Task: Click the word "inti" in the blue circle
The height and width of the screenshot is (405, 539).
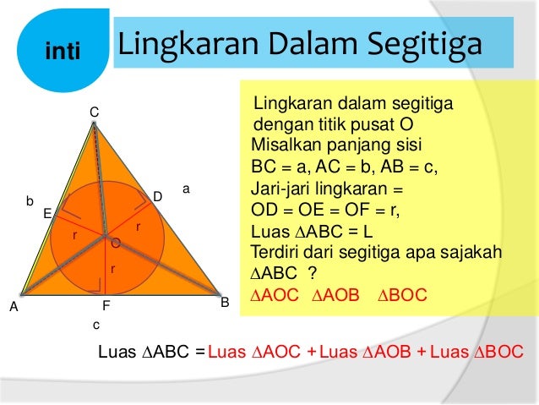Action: click(63, 52)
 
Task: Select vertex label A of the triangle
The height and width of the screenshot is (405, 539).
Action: click(14, 308)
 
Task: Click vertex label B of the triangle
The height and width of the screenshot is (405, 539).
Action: click(225, 301)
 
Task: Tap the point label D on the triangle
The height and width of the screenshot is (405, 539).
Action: click(157, 196)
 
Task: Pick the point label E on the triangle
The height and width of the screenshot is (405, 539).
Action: click(48, 214)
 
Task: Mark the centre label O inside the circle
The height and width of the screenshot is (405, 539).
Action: click(115, 243)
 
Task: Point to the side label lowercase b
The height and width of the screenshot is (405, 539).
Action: click(30, 202)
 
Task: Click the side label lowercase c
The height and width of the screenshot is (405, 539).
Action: click(96, 325)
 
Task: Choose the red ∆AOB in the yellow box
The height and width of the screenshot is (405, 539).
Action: click(336, 297)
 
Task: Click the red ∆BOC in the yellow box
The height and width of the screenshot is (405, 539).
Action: click(402, 297)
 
